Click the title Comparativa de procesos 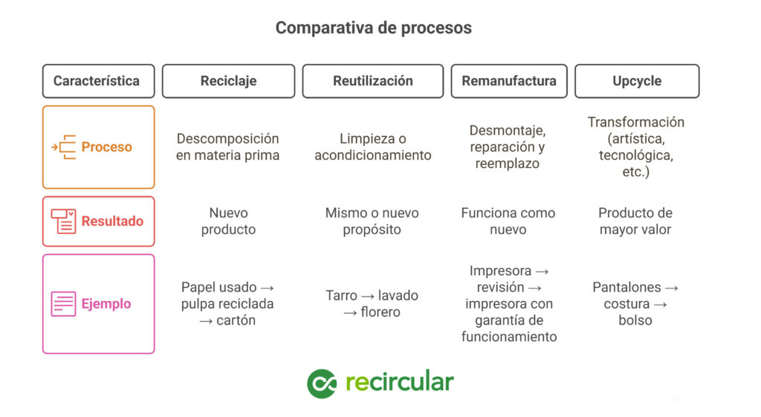(x=373, y=28)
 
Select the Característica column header (x=99, y=81)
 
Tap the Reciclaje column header (x=229, y=81)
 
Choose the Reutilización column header (x=373, y=81)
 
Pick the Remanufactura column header (x=509, y=81)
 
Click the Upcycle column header (x=637, y=81)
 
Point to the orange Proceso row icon (x=64, y=147)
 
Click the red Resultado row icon (x=64, y=222)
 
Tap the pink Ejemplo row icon (x=64, y=304)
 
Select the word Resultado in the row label (x=112, y=222)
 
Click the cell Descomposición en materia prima (x=227, y=147)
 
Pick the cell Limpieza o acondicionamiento (x=373, y=147)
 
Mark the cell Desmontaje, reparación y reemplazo (x=508, y=147)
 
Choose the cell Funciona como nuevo (x=508, y=222)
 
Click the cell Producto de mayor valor (x=635, y=222)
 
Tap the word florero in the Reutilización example (x=380, y=312)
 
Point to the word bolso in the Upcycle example (x=635, y=320)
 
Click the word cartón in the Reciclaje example (x=236, y=320)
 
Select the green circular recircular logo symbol (x=322, y=384)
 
